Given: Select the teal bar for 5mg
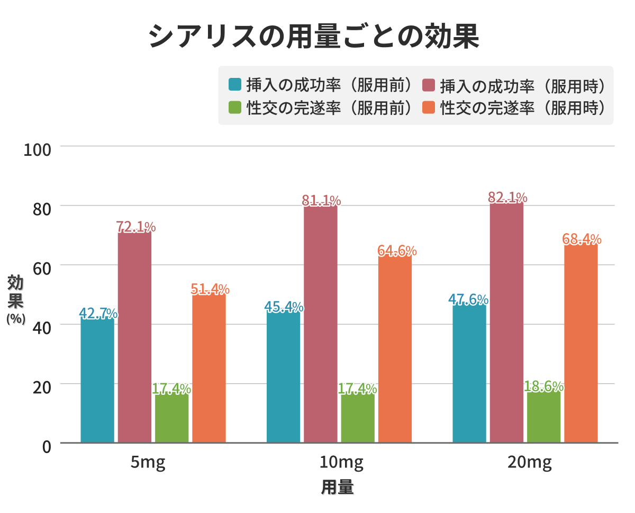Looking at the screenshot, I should (97, 379).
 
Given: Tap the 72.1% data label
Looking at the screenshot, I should (136, 227).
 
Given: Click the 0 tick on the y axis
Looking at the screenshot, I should (46, 446).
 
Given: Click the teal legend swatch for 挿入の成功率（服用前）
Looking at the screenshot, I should (235, 85).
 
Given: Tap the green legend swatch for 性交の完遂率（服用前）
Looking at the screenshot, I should (235, 108).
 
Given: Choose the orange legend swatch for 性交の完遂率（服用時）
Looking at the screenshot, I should (429, 108).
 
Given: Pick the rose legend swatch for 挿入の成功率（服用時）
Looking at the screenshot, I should (429, 85).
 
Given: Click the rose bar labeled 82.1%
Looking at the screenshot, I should (506, 323).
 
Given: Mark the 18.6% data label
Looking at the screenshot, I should (543, 387).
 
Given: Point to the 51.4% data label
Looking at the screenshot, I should (210, 289).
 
